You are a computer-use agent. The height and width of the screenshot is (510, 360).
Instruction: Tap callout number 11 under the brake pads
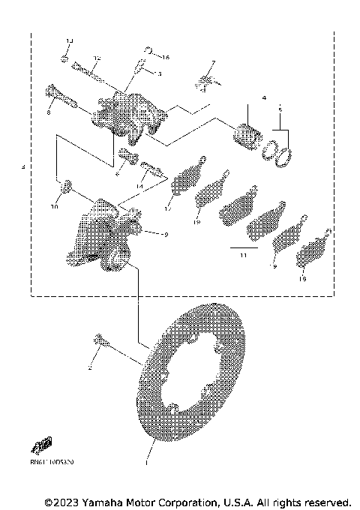[x=242, y=256]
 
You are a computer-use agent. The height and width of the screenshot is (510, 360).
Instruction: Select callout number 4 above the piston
[x=264, y=98]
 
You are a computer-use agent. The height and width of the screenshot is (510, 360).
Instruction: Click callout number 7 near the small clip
[x=212, y=63]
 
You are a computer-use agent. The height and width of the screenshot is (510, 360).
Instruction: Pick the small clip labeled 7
[x=208, y=79]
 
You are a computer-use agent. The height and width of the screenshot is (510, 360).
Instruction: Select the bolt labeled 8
[x=60, y=97]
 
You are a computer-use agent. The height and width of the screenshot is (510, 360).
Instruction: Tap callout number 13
[x=68, y=40]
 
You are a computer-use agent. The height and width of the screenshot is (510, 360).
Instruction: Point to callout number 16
[x=166, y=57]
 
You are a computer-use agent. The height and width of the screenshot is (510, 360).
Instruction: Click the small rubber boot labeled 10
[x=66, y=185]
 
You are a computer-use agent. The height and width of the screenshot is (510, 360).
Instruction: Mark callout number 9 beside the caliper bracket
[x=165, y=234]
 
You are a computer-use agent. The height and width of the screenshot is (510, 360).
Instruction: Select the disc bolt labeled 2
[x=103, y=344]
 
